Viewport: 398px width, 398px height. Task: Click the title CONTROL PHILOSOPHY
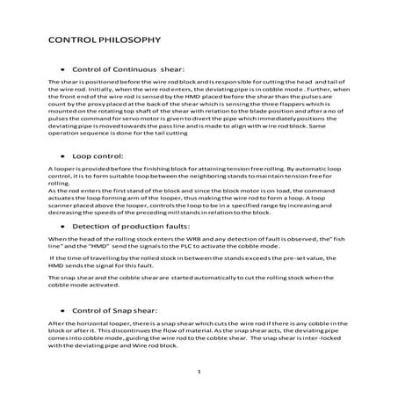point(102,40)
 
